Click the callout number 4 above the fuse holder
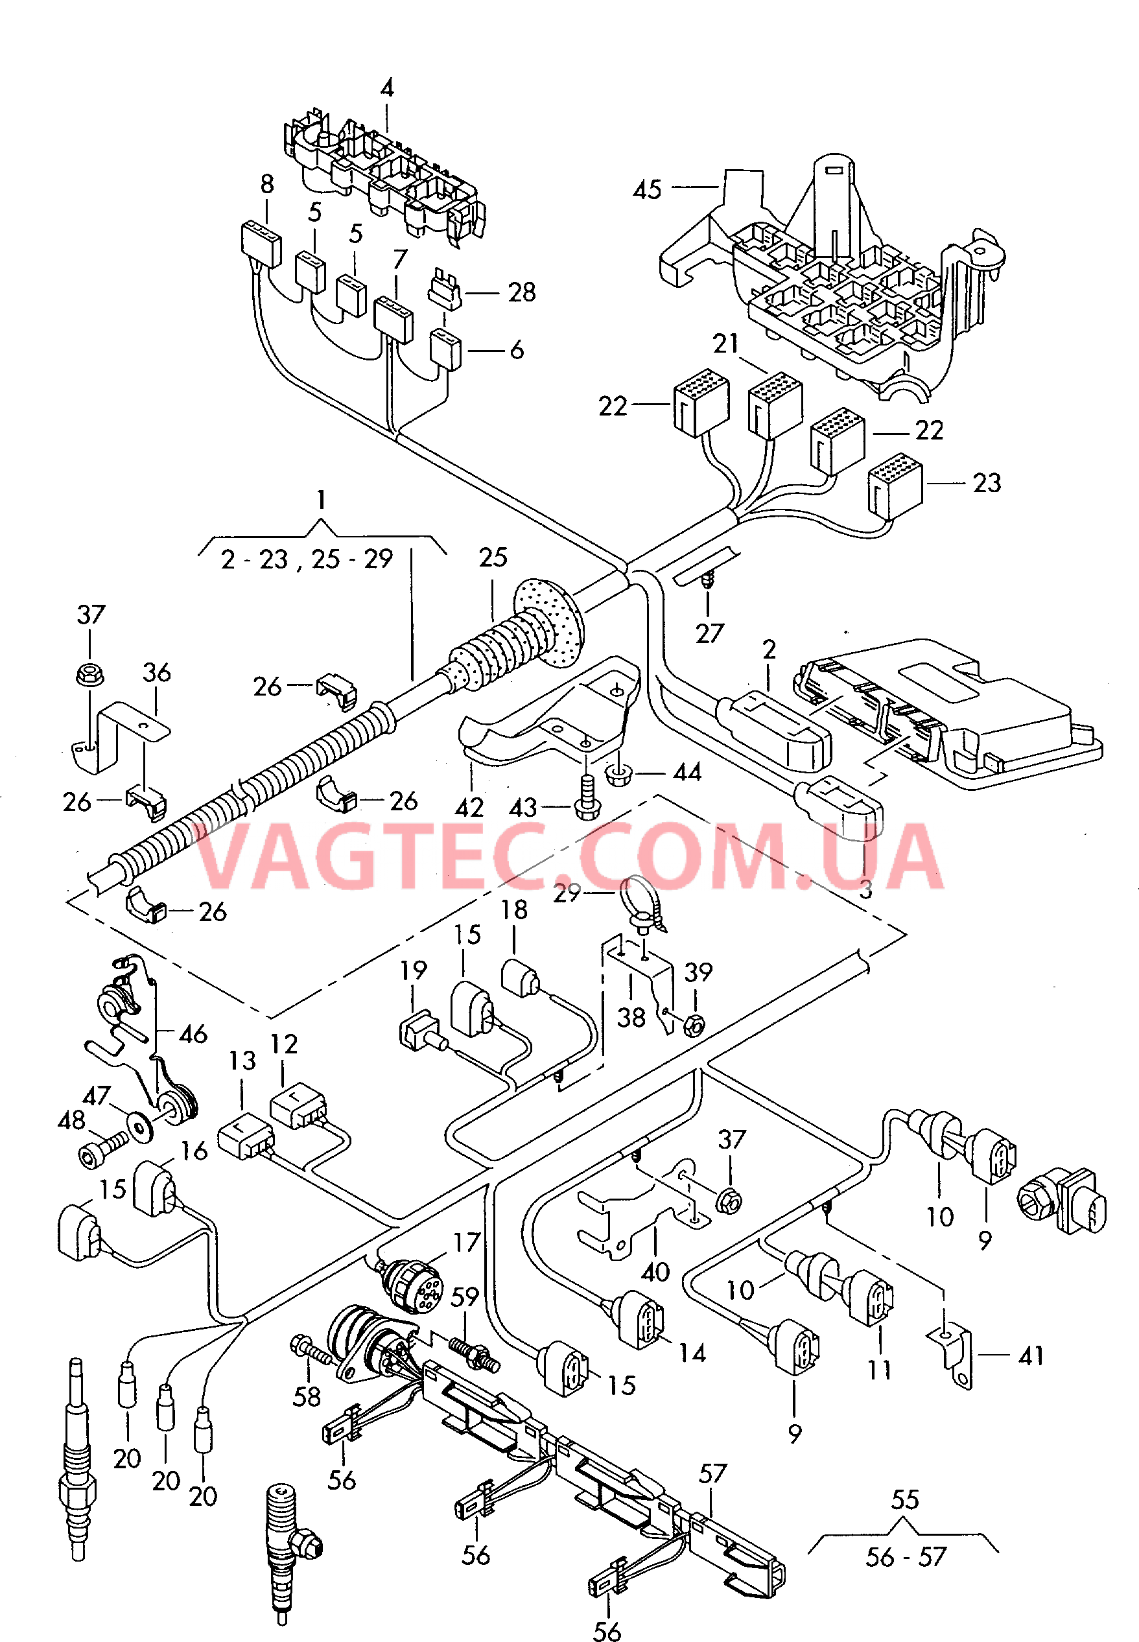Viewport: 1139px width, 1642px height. pyautogui.click(x=387, y=89)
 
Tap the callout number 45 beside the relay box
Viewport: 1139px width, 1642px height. pyautogui.click(x=647, y=190)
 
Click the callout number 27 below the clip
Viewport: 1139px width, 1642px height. pyautogui.click(x=709, y=633)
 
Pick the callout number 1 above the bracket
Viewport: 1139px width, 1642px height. pyautogui.click(x=321, y=500)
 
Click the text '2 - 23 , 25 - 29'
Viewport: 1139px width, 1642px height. pyautogui.click(x=307, y=559)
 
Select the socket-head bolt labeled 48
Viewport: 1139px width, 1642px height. pyautogui.click(x=96, y=1154)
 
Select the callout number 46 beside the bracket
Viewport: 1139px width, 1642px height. pyautogui.click(x=193, y=1034)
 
